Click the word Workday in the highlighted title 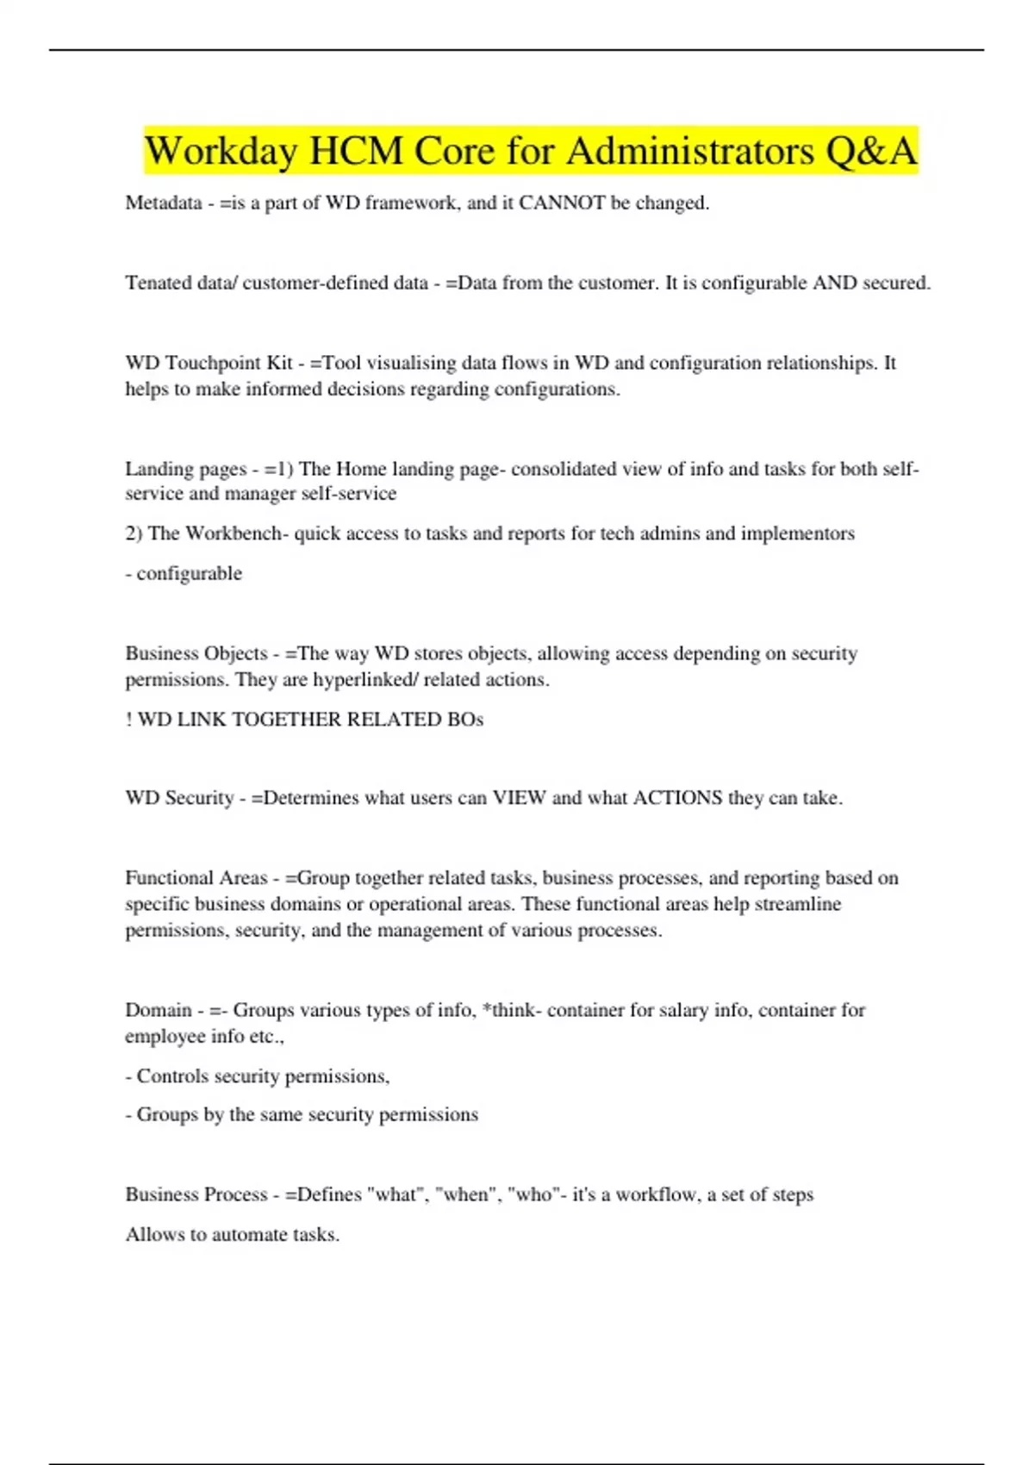click(x=221, y=152)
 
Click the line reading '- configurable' click(x=184, y=574)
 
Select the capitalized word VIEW click(x=519, y=798)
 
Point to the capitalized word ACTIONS click(x=677, y=798)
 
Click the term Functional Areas click(x=196, y=878)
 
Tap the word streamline click(x=798, y=904)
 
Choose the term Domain click(x=159, y=1010)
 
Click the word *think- click(x=512, y=1010)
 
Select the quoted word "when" click(x=465, y=1195)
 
